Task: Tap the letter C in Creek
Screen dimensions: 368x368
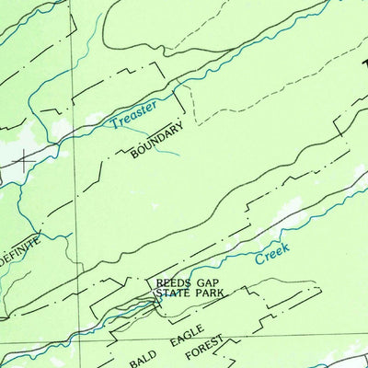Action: pos(258,261)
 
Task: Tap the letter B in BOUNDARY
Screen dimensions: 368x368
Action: pos(134,155)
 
